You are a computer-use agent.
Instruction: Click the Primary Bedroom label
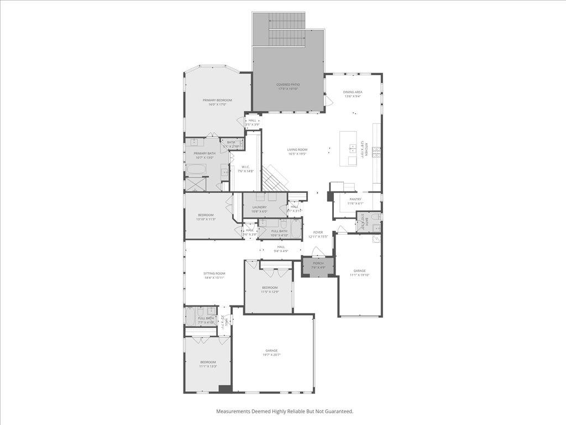(217, 100)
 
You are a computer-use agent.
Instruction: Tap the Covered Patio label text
(287, 85)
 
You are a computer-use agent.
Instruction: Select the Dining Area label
(353, 92)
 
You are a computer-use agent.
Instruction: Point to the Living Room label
(297, 149)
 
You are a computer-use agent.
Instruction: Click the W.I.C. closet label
(245, 167)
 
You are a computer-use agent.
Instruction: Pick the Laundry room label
(259, 208)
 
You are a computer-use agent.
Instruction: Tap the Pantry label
(355, 199)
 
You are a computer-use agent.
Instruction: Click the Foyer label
(318, 232)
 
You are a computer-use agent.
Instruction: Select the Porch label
(318, 263)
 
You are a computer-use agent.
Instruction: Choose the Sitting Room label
(214, 273)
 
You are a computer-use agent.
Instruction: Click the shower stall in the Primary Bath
(195, 184)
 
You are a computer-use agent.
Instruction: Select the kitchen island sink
(352, 147)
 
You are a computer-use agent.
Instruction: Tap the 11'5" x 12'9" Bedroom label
(270, 288)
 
